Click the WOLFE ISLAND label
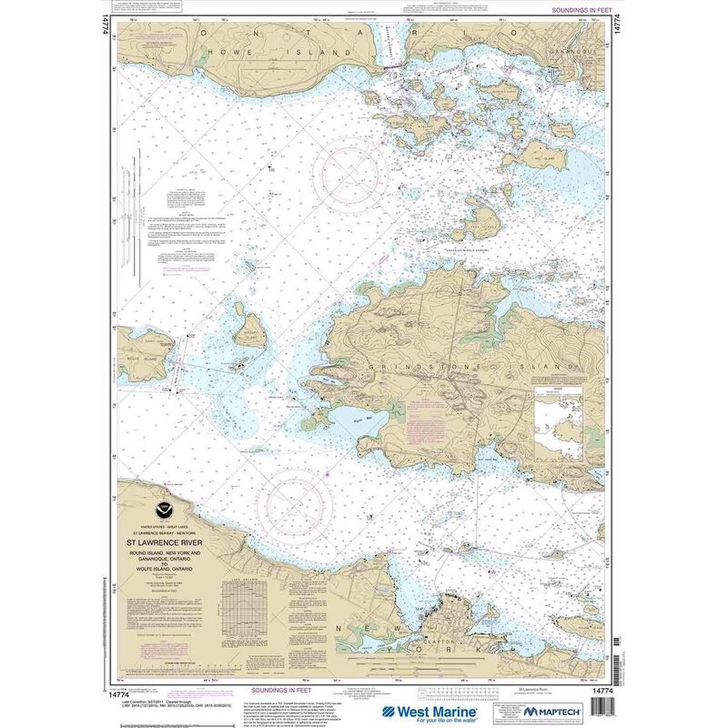[x=138, y=346]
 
